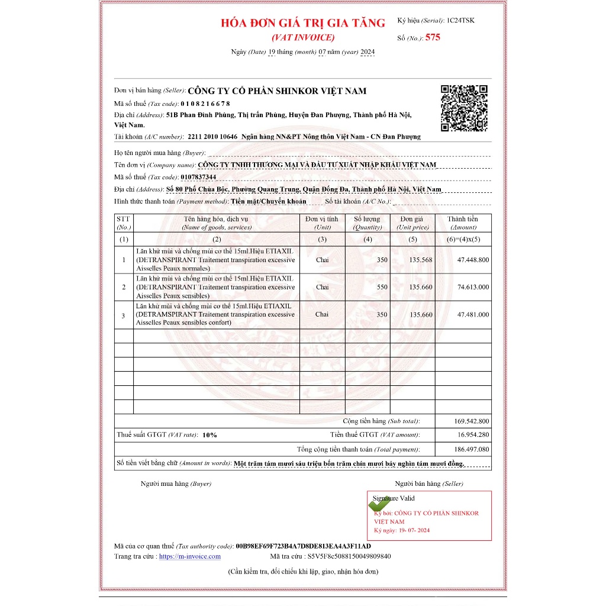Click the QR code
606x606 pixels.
pos(465,108)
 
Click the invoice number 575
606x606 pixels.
pos(433,37)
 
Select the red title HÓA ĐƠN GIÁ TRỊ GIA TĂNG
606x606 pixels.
pos(302,23)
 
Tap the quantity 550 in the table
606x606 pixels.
pos(382,287)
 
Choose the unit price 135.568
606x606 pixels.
pos(421,260)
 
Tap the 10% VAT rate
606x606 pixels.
pos(209,435)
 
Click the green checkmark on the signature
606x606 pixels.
pos(376,504)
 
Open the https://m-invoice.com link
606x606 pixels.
pos(189,556)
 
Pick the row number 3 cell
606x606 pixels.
pos(124,315)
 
